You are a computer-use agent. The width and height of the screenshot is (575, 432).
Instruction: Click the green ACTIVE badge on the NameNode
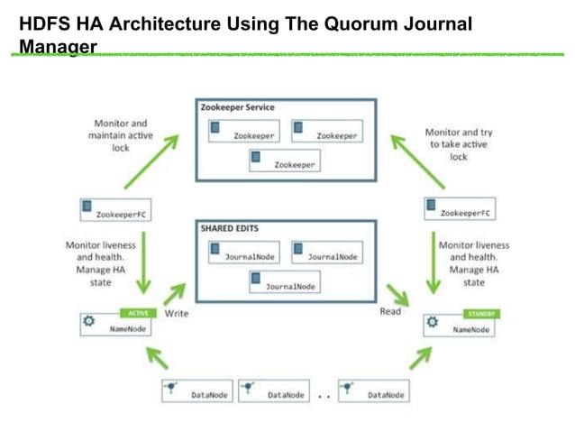point(138,313)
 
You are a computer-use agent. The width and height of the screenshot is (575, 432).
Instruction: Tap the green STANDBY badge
point(479,314)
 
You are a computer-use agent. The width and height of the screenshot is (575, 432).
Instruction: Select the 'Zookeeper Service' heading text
point(238,107)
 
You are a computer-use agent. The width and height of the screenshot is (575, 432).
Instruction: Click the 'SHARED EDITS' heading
point(229,229)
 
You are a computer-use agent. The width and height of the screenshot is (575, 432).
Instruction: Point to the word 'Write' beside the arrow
point(177,313)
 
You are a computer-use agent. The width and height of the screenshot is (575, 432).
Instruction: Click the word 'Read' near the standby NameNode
point(390,312)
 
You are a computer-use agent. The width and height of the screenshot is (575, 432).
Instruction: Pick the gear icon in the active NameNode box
point(88,321)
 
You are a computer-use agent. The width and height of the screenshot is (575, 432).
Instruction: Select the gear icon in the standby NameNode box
point(432,322)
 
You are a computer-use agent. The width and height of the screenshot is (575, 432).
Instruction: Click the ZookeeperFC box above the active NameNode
point(114,211)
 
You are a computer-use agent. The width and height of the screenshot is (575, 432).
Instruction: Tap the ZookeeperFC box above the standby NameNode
point(459,209)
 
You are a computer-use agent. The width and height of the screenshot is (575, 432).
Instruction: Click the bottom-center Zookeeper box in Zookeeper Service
point(285,162)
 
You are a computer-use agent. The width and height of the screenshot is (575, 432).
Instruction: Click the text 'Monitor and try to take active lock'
point(459,144)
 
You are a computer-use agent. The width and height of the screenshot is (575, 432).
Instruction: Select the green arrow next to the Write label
point(176,292)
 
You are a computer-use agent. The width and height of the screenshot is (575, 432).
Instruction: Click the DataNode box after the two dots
point(375,393)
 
